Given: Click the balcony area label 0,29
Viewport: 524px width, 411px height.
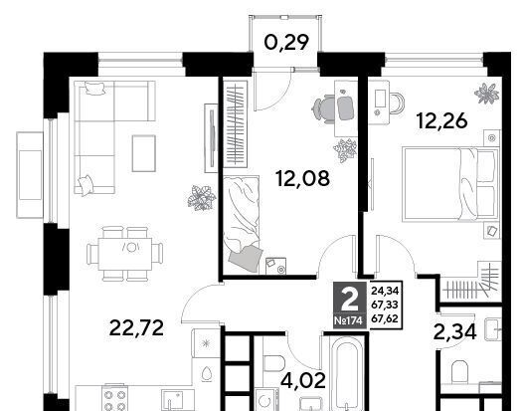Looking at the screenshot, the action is click(x=285, y=43).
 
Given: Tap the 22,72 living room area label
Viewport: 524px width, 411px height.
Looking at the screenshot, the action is click(x=136, y=328).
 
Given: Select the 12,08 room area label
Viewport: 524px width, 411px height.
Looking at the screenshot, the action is click(x=303, y=178).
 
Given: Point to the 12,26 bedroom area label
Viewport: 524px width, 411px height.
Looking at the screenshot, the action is click(x=441, y=120).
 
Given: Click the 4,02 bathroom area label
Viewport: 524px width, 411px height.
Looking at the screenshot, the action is click(x=303, y=380).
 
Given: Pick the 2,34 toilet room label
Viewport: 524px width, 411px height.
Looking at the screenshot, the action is click(x=454, y=332).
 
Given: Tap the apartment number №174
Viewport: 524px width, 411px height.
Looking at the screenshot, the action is click(x=348, y=321).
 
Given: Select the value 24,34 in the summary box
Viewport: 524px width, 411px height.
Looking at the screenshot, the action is click(x=385, y=291).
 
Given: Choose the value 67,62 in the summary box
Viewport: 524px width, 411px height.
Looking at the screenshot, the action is click(x=385, y=318).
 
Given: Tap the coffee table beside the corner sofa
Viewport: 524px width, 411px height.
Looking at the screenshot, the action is click(x=144, y=153).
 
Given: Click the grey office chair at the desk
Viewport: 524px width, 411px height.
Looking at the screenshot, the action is click(x=333, y=108).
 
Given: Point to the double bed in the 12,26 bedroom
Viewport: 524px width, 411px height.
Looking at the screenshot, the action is click(x=450, y=183).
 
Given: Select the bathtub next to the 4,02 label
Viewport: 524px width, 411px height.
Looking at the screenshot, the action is click(x=348, y=373).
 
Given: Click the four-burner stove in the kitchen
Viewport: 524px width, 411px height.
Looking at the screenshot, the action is click(x=114, y=399).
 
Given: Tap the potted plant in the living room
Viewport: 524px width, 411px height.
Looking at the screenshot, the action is click(x=201, y=198).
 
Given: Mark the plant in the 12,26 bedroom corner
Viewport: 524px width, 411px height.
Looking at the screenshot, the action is click(x=486, y=94).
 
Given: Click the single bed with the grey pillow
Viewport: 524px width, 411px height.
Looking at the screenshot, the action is click(x=242, y=225).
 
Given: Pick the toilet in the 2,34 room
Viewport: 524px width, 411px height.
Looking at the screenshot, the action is click(x=459, y=371).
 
